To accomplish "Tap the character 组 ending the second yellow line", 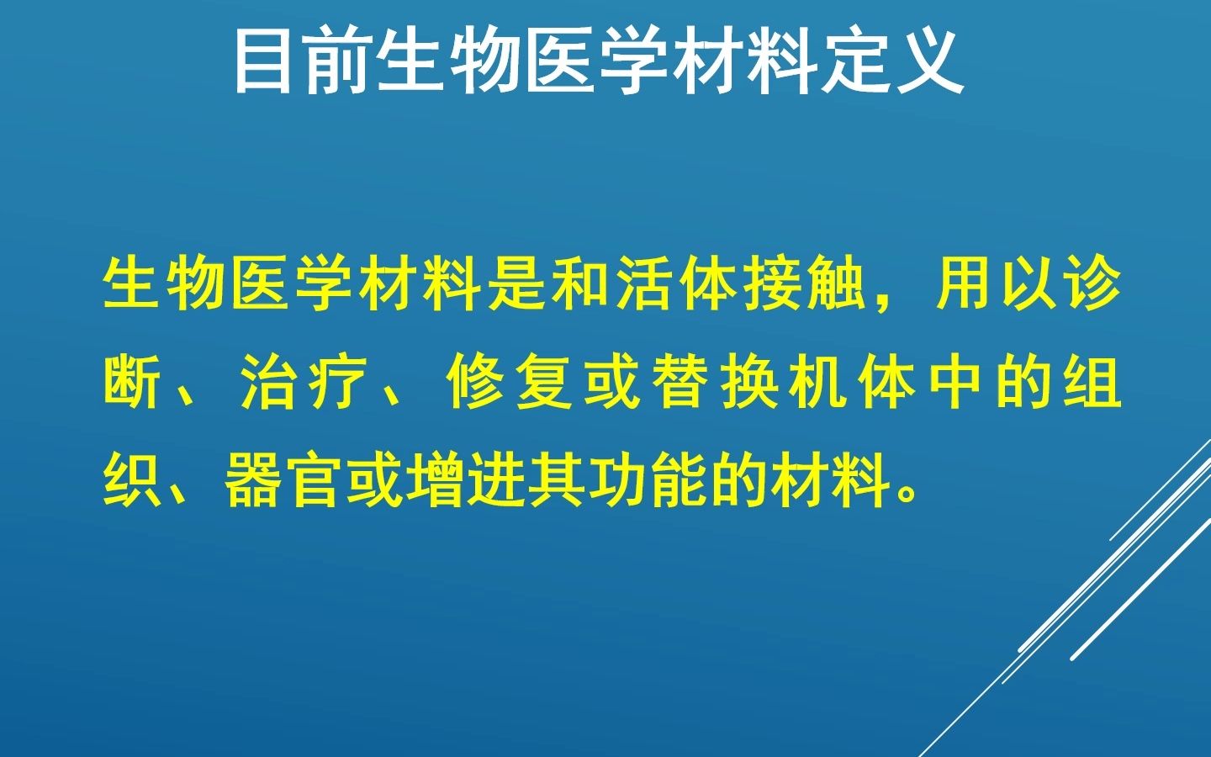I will (x=1092, y=384).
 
